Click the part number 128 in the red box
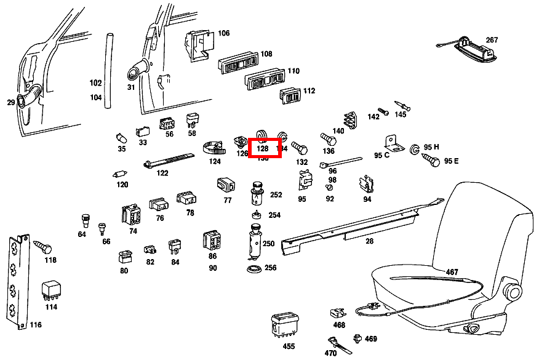[x=263, y=148]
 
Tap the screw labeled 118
[x=42, y=247]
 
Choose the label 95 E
[x=451, y=161]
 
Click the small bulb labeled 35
[x=121, y=137]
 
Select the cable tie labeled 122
[x=166, y=161]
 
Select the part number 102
[x=95, y=82]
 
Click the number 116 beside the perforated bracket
[x=36, y=324]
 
